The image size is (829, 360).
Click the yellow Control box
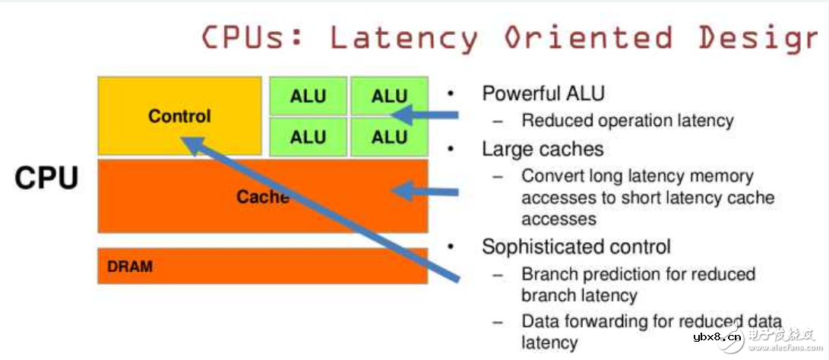pyautogui.click(x=179, y=115)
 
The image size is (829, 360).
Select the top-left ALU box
pyautogui.click(x=308, y=96)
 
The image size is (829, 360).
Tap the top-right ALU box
pyautogui.click(x=389, y=96)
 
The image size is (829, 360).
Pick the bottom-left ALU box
pyautogui.click(x=308, y=137)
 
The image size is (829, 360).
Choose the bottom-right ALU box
pyautogui.click(x=389, y=137)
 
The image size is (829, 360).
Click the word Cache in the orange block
pyautogui.click(x=262, y=197)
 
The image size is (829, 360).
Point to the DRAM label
pyautogui.click(x=130, y=267)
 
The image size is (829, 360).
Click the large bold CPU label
pyautogui.click(x=46, y=178)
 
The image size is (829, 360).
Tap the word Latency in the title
pyautogui.click(x=403, y=37)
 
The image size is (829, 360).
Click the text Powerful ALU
pyautogui.click(x=543, y=94)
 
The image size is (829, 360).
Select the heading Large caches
pyautogui.click(x=543, y=149)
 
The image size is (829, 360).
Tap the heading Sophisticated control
pyautogui.click(x=576, y=247)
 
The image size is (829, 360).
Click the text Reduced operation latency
pyautogui.click(x=628, y=121)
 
